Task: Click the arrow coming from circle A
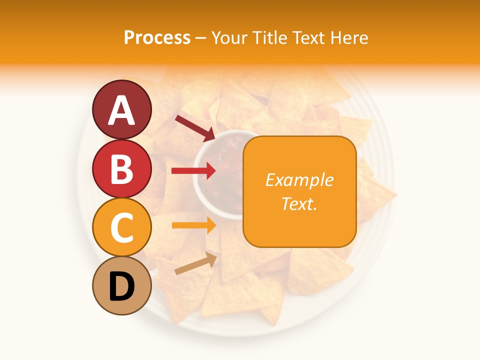[194, 127]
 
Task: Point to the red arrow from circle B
[193, 171]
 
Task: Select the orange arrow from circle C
[193, 225]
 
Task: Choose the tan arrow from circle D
[195, 263]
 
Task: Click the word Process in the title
[157, 37]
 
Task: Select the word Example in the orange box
[299, 180]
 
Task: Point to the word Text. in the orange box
[299, 203]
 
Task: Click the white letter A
[122, 110]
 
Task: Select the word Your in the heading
[230, 37]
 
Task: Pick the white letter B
[122, 169]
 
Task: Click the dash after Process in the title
[201, 38]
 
